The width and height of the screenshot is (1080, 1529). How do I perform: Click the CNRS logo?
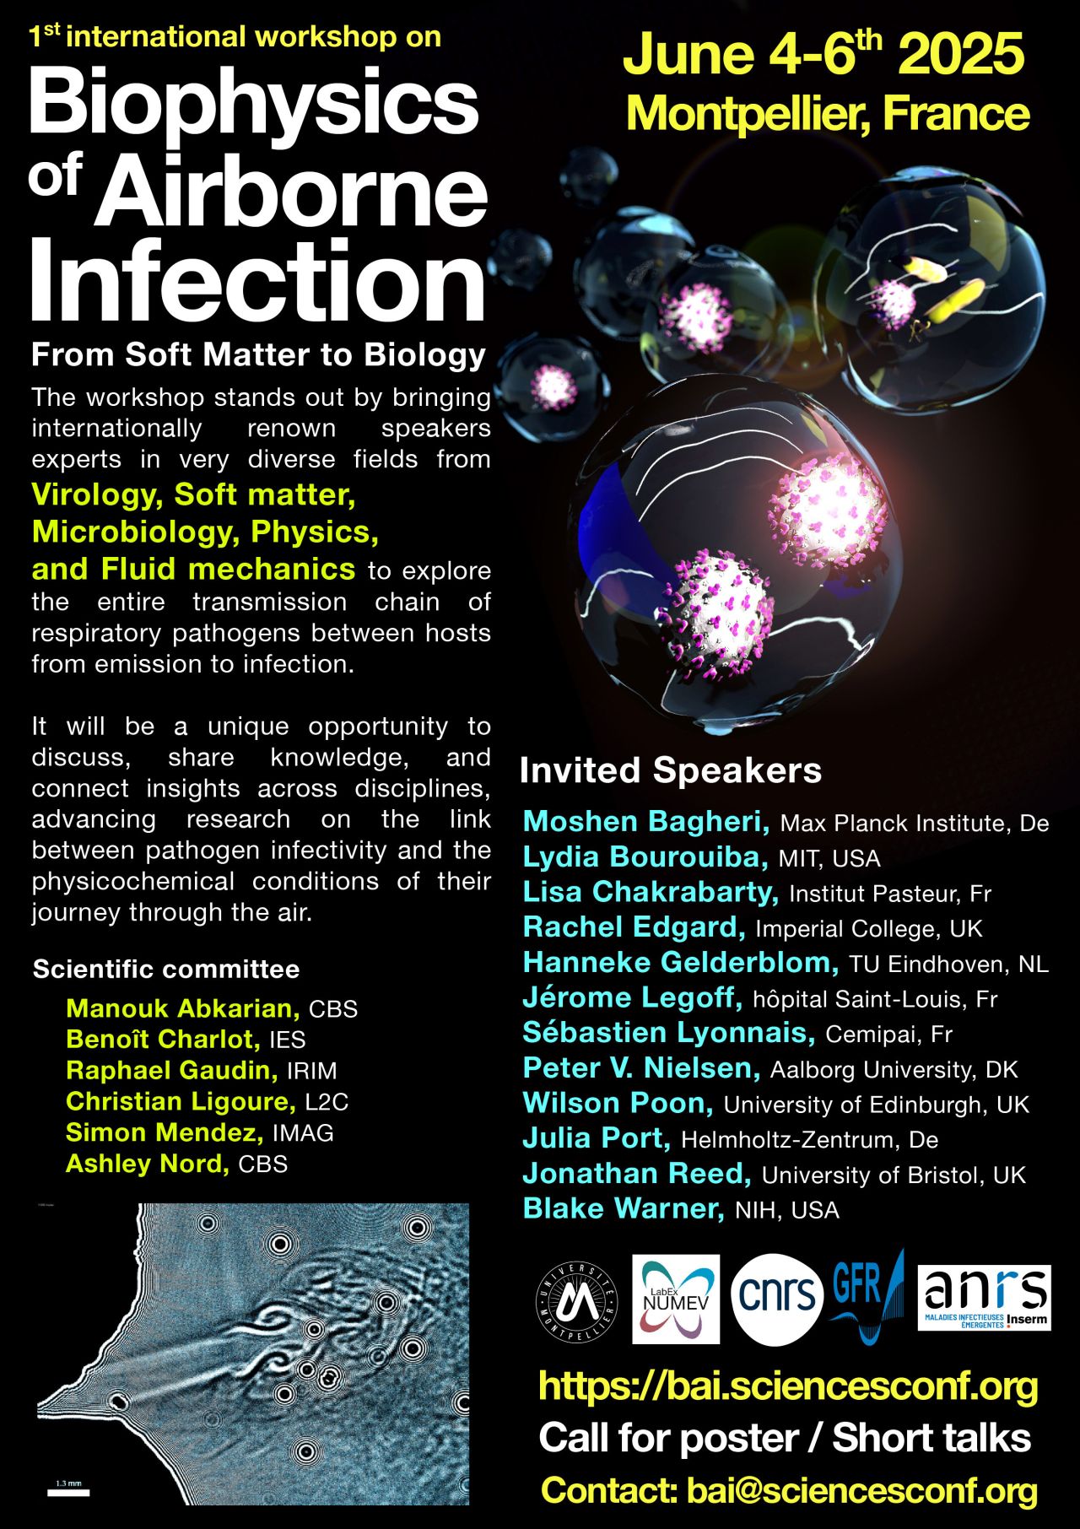tap(777, 1299)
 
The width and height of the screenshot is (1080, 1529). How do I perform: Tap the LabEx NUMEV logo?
tap(676, 1299)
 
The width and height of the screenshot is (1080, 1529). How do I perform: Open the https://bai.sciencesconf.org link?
tap(787, 1386)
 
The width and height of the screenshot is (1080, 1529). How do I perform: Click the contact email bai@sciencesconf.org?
tap(862, 1491)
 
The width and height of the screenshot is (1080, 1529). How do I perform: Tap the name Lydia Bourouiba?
tap(645, 857)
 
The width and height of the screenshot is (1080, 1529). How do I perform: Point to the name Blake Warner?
tap(624, 1208)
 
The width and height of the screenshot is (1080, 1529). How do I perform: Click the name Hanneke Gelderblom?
tap(681, 963)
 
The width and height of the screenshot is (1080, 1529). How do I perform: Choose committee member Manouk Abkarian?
tap(183, 1008)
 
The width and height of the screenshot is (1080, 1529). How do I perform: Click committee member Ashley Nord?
tap(148, 1164)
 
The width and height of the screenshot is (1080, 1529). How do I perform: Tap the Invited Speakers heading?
tap(671, 770)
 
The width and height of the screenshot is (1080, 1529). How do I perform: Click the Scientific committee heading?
tap(166, 969)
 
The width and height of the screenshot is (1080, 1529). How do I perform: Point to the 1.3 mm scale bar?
tap(68, 1491)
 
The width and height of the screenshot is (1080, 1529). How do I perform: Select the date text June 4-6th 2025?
tap(823, 53)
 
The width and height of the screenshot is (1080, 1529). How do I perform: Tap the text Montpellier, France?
tap(828, 114)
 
